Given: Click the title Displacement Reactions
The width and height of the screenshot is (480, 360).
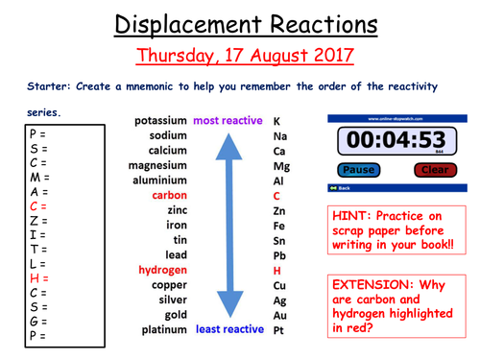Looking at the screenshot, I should point(240,22).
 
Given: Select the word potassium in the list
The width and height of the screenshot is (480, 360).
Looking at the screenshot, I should point(162,122).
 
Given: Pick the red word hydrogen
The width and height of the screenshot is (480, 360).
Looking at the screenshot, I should point(162,270).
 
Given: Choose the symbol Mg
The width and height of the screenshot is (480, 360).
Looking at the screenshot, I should point(280,165).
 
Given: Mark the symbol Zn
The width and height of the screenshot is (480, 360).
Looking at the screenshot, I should point(279,210).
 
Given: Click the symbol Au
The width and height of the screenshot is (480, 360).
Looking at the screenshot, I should point(279,314).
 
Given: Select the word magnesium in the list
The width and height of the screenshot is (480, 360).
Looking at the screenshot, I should point(158,165).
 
